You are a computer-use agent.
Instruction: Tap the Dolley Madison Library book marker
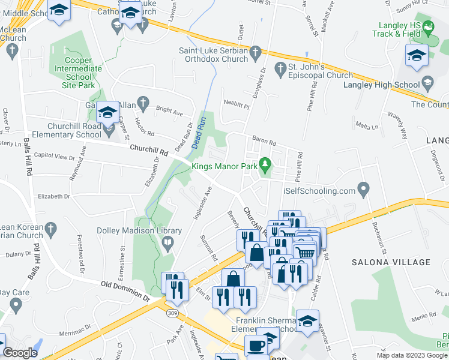(x=167, y=242)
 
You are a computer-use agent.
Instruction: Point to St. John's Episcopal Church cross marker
(x=279, y=70)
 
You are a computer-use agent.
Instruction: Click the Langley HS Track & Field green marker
(x=427, y=27)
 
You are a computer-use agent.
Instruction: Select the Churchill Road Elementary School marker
(x=109, y=128)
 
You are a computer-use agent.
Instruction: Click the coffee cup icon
(x=256, y=347)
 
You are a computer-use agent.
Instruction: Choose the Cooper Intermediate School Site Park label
(x=75, y=73)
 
